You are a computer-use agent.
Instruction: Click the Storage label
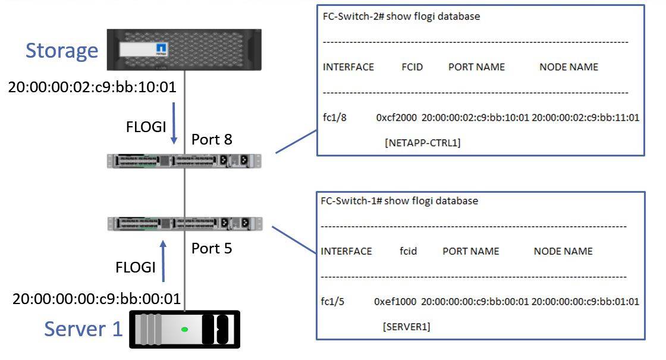coord(62,51)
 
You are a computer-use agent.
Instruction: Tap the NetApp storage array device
coord(184,49)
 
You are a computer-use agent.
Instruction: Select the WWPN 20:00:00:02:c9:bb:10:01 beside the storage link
coord(92,87)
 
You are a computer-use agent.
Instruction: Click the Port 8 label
coord(212,139)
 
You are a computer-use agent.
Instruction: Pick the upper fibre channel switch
coord(184,161)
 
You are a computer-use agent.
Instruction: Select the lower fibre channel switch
coord(184,224)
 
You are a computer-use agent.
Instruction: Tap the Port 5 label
coord(212,248)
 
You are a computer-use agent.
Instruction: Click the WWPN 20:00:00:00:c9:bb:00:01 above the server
coord(97,298)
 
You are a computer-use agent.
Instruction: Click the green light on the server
coord(185,329)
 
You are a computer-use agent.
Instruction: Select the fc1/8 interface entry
coord(334,117)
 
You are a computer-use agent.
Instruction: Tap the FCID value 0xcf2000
coord(397,117)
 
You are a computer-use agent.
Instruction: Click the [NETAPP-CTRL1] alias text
coord(423,143)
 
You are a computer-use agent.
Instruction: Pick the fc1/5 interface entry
coord(332,301)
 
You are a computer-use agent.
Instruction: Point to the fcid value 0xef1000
coord(395,301)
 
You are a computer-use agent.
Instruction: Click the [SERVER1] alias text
coord(407,327)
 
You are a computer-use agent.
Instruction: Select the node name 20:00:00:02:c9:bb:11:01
coord(585,117)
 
